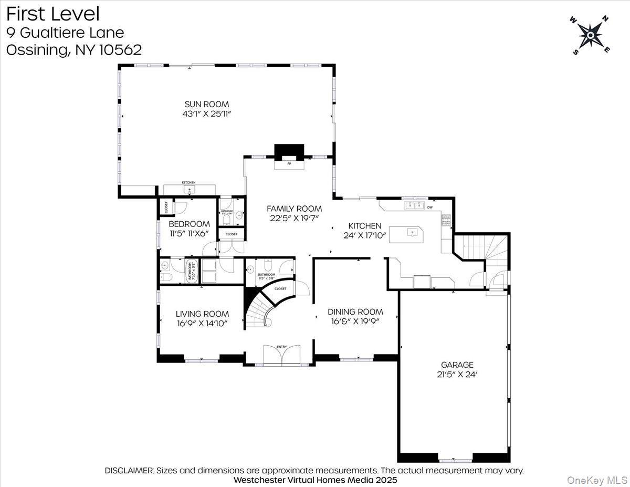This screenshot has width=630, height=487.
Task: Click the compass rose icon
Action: click(x=591, y=35)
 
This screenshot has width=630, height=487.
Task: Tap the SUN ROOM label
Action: click(x=206, y=104)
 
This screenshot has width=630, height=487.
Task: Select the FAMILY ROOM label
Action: click(x=294, y=209)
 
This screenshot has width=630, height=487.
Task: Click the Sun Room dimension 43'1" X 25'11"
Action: click(x=206, y=113)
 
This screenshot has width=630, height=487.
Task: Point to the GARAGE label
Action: click(x=457, y=365)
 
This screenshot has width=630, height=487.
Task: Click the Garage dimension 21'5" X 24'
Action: click(x=457, y=375)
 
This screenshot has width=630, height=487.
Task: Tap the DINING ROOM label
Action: click(x=355, y=312)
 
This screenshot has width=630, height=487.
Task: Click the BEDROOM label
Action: click(x=189, y=224)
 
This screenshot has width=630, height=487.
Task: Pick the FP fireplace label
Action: click(x=289, y=164)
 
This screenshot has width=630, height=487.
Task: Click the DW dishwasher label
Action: click(x=430, y=207)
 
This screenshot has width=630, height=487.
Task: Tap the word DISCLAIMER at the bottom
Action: click(x=129, y=471)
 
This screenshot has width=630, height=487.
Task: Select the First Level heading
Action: click(x=52, y=14)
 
